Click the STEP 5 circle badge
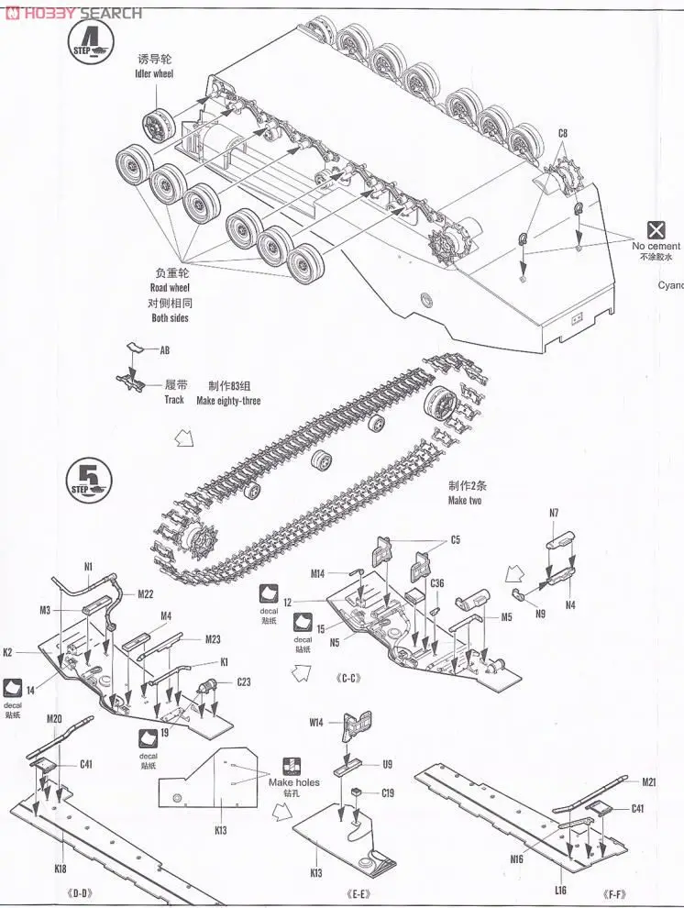click(87, 479)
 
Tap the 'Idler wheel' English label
click(154, 73)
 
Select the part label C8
click(562, 134)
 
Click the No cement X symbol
click(656, 230)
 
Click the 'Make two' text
click(465, 500)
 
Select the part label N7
click(555, 513)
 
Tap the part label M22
click(146, 594)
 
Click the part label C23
click(244, 681)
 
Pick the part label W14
click(315, 722)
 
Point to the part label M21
click(649, 781)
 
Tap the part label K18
click(61, 868)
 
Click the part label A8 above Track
click(165, 350)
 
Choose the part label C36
click(436, 582)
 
